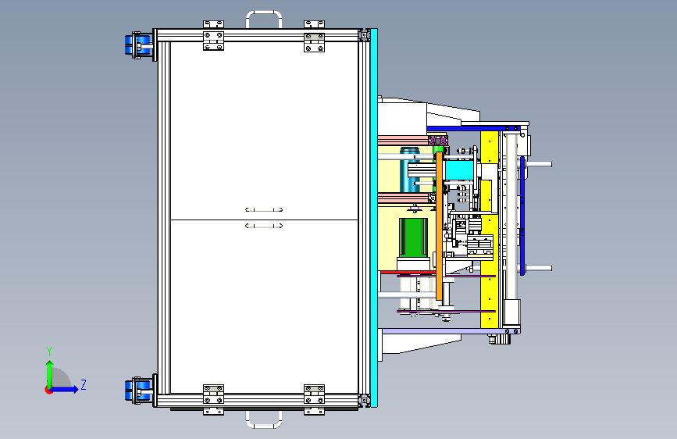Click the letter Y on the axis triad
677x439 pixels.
tap(48, 351)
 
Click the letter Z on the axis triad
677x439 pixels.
tap(83, 384)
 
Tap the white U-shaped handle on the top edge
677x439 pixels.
tap(264, 18)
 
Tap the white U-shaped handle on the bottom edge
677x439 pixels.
tap(264, 419)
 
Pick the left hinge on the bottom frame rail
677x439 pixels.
tap(213, 398)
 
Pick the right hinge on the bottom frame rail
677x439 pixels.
tap(314, 398)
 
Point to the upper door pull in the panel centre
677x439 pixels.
tap(264, 209)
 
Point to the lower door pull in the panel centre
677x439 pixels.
tap(264, 226)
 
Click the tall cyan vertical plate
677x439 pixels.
tap(373, 219)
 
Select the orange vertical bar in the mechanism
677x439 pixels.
tap(440, 227)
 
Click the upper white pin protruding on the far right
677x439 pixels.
tap(541, 164)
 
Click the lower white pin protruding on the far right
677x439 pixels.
tap(540, 268)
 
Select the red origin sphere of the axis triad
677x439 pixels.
tap(49, 389)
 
